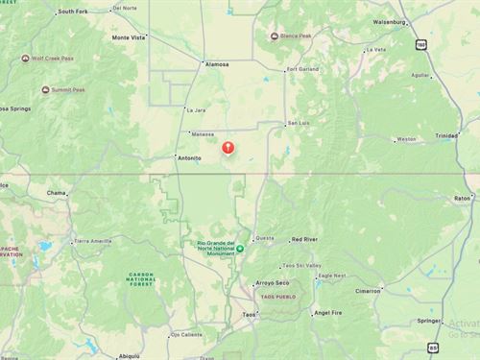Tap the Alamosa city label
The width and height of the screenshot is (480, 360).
217,64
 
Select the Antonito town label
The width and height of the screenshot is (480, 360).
188,157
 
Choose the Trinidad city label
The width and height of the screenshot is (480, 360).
447,135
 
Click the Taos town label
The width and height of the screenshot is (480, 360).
250,315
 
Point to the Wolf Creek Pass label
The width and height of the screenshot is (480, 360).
53,58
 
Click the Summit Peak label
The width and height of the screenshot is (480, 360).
68,90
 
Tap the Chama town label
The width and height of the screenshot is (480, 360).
58,193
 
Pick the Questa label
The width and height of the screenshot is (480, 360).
264,239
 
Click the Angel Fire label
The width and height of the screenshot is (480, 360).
328,313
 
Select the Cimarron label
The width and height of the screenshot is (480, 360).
369,290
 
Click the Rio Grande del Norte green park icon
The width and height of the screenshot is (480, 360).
240,249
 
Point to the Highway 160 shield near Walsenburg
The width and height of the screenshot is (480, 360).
420,44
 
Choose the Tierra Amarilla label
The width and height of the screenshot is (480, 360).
92,241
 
